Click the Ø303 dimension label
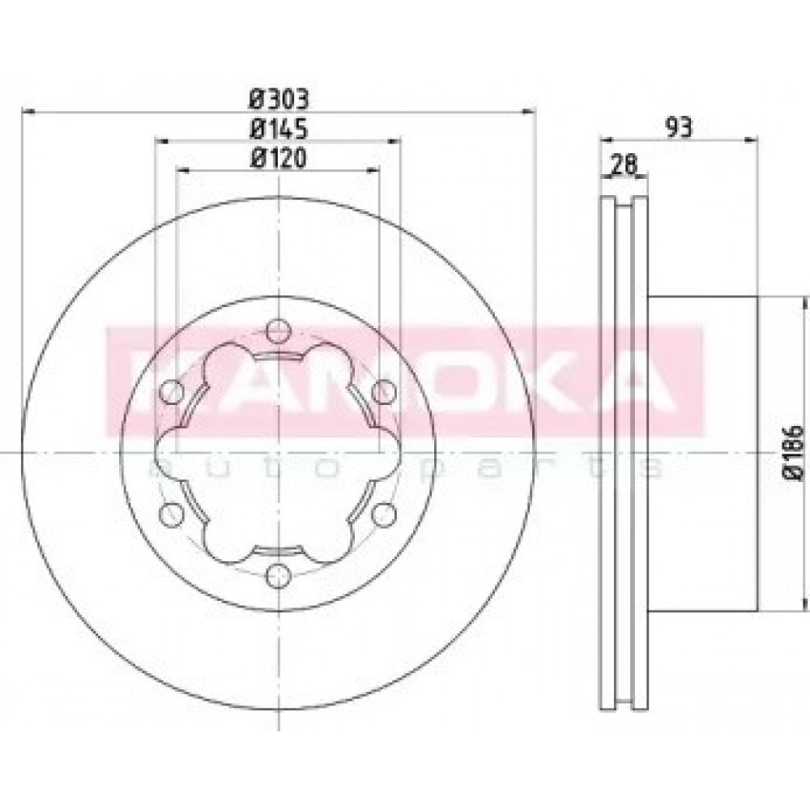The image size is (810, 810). (279, 98)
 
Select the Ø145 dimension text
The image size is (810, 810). (279, 129)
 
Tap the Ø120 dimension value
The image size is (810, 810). (279, 158)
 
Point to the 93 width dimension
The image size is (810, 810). (678, 127)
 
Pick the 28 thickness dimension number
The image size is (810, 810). (624, 164)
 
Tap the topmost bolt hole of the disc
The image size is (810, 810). (279, 331)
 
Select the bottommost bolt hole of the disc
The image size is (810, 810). (279, 575)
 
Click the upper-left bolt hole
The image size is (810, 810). (172, 392)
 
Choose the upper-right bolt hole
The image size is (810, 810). (384, 391)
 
